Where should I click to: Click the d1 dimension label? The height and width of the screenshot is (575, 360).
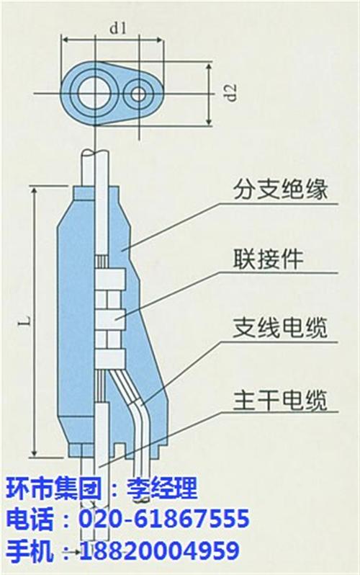[x=117, y=29]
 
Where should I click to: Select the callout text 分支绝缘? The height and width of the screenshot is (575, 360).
[x=280, y=191]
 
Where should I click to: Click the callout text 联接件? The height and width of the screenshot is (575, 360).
[x=269, y=259]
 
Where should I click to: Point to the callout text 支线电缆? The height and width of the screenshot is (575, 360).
[x=280, y=328]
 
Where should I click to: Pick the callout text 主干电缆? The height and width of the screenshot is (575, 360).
[x=280, y=400]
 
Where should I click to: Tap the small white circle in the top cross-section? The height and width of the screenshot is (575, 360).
[x=139, y=94]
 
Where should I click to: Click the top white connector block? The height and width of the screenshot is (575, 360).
[x=110, y=279]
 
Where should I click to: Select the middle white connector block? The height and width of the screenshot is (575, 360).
[x=110, y=318]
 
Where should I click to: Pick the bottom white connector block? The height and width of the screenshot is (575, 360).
[x=110, y=358]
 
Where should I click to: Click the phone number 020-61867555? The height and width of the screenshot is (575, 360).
[x=164, y=519]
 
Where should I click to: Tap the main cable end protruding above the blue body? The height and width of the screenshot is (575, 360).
[x=95, y=168]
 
